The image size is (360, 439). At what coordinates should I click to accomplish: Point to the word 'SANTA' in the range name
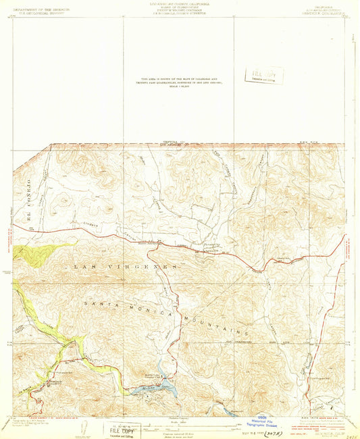point(101,305)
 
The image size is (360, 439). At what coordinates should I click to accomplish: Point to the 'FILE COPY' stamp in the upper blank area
point(264,75)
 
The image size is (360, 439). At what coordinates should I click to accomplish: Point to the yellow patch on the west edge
point(30,254)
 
